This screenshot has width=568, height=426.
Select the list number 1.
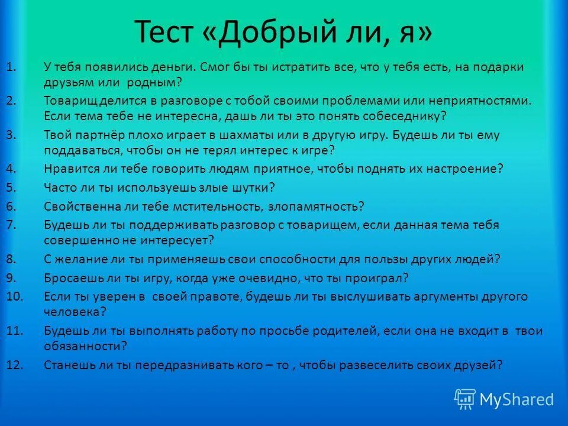click(x=11, y=67)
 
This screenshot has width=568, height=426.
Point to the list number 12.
click(x=14, y=365)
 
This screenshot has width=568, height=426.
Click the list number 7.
click(x=11, y=225)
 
